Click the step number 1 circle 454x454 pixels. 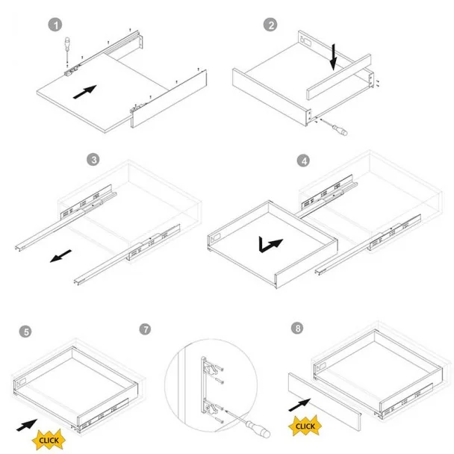(x=55, y=25)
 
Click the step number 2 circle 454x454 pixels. (x=270, y=25)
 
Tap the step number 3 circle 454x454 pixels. (x=93, y=160)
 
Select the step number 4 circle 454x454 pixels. (x=304, y=161)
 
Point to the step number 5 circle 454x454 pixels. (x=26, y=332)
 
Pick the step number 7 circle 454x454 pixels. (x=145, y=329)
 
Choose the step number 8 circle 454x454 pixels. (x=298, y=328)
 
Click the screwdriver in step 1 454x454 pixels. (x=67, y=50)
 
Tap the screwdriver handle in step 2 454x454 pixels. (x=340, y=129)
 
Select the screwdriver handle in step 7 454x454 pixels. (x=258, y=429)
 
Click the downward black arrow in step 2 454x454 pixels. (x=334, y=57)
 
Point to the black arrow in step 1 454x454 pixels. (x=84, y=92)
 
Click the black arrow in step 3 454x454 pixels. (x=60, y=256)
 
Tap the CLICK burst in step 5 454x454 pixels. (x=49, y=440)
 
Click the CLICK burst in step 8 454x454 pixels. (x=305, y=426)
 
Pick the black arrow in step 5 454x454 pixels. (x=27, y=425)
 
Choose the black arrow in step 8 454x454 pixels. (x=299, y=405)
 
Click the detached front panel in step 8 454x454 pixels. (x=325, y=402)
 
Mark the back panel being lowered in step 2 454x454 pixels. (x=339, y=77)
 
